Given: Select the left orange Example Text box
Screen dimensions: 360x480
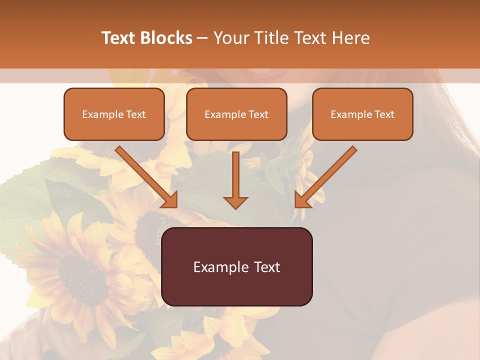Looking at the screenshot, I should pos(114,114).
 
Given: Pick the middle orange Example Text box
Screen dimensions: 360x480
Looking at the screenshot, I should pos(236,114).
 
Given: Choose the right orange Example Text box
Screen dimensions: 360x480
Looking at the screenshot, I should pos(362,114).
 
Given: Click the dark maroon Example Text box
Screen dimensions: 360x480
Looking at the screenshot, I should pos(236,267).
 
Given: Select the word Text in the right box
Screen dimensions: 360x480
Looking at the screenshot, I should pos(384,114).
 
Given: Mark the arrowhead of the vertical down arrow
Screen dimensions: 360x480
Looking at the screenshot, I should pos(235,201).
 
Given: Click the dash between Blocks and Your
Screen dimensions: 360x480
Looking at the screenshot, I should pos(202,38).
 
